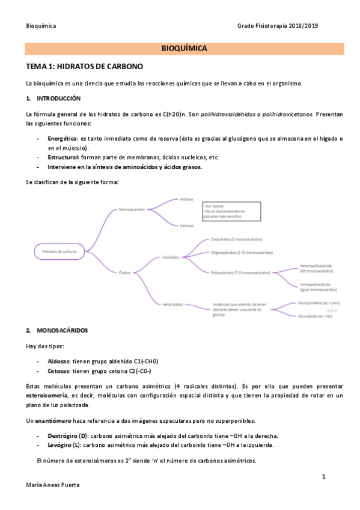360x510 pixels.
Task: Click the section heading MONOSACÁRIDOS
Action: (x=62, y=330)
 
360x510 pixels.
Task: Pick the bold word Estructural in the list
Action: (x=63, y=158)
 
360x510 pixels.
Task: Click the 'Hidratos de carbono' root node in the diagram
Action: (x=59, y=251)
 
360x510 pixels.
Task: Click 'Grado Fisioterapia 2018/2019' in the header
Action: (x=277, y=26)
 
